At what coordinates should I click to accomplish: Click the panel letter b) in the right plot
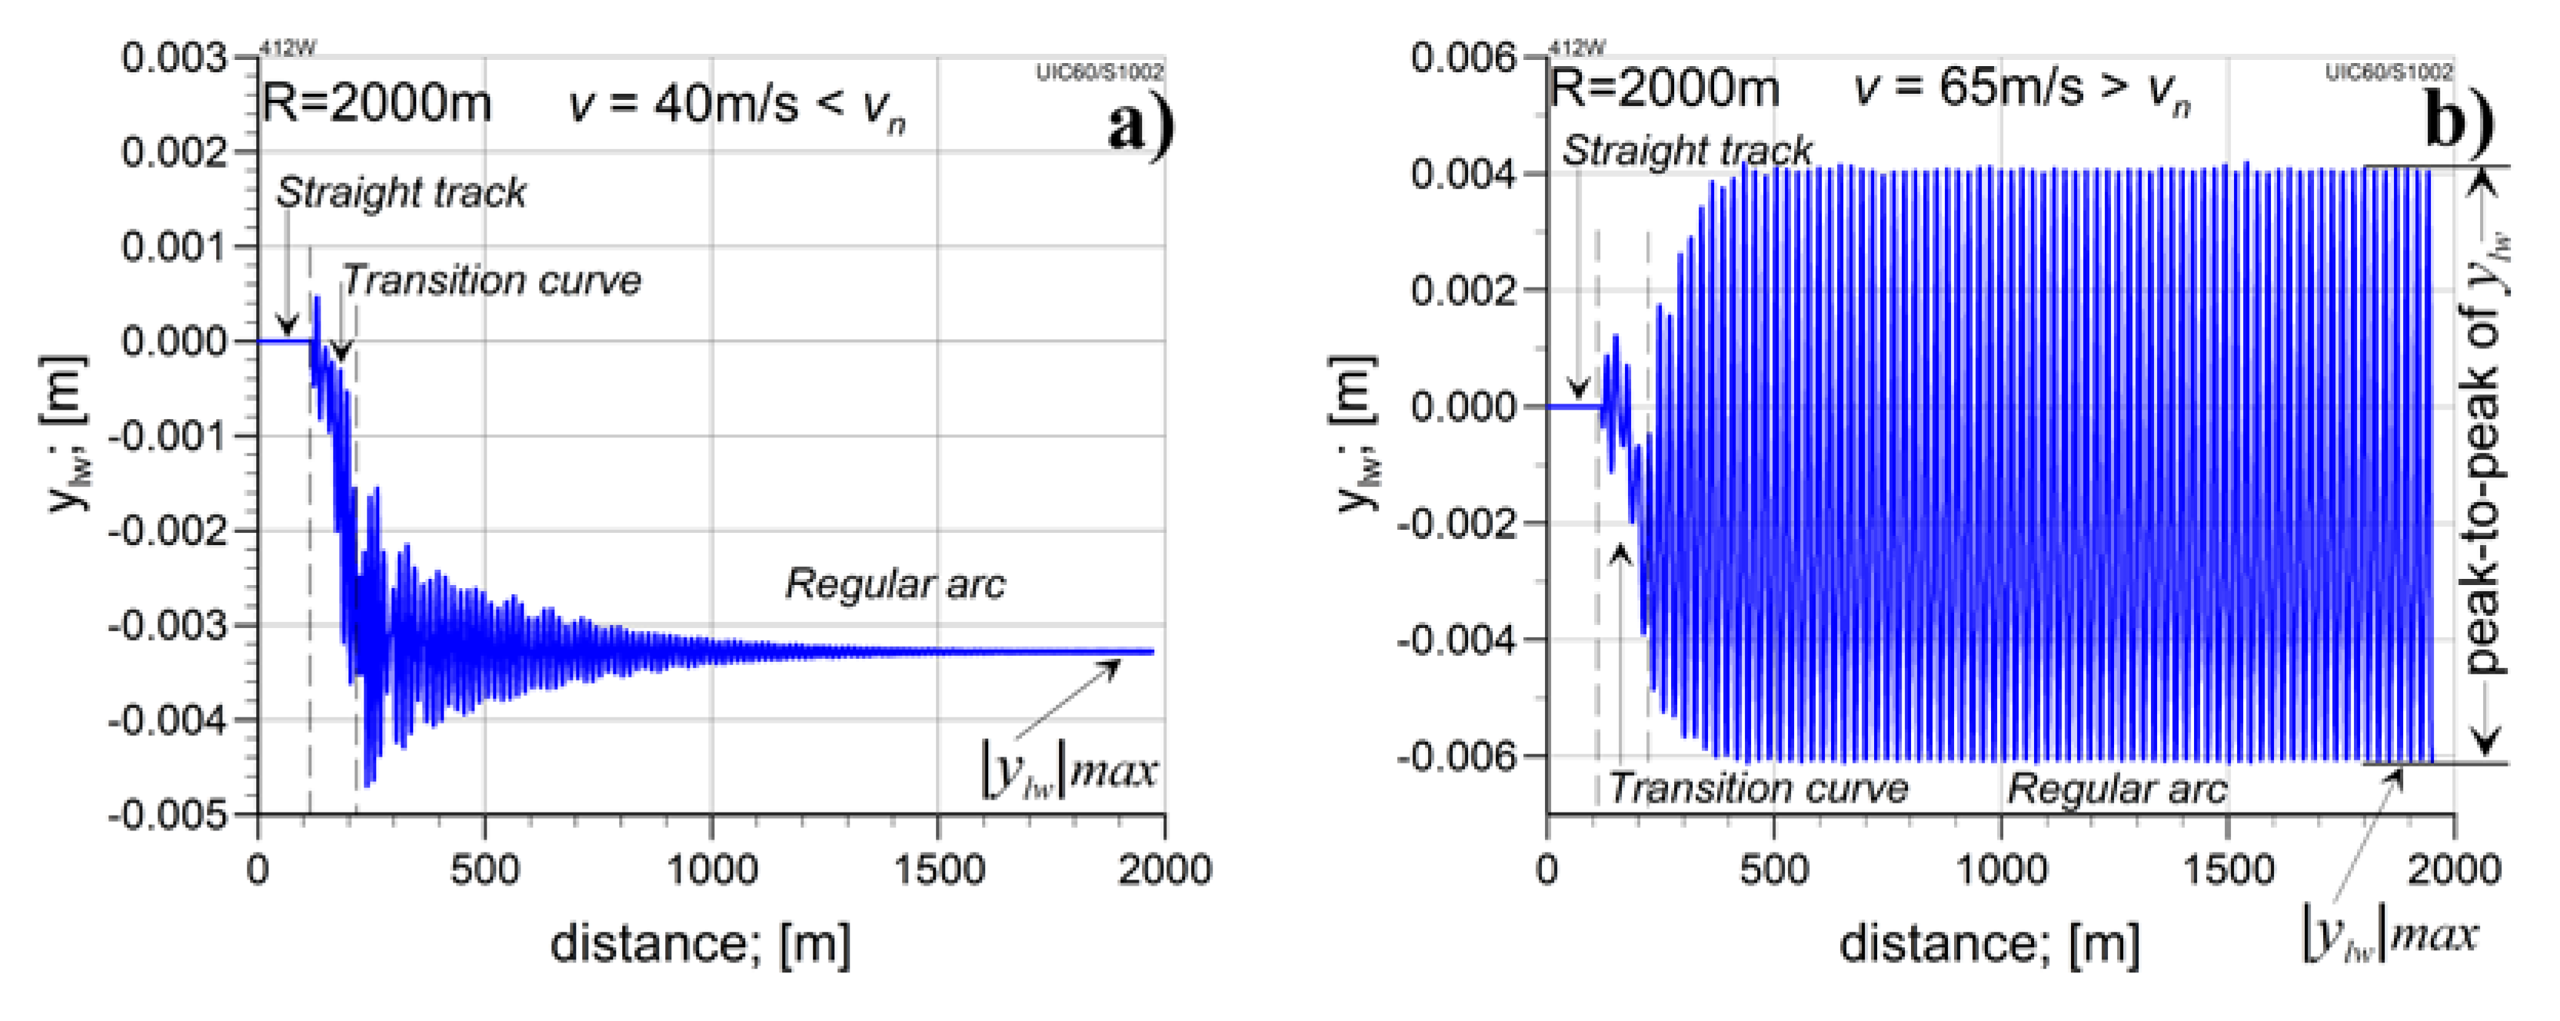tap(2458, 121)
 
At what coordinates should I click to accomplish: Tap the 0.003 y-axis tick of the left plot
tap(174, 58)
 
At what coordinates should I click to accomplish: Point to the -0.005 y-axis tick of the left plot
tap(167, 814)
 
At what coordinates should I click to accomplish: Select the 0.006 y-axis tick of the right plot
tap(1464, 58)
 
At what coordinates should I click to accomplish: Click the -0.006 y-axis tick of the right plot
tap(1457, 757)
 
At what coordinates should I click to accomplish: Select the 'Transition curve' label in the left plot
tap(491, 281)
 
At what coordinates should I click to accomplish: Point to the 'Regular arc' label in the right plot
tap(2117, 790)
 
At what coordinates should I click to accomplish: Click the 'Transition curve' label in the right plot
tap(1758, 789)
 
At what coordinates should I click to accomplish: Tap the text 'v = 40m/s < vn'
tap(735, 105)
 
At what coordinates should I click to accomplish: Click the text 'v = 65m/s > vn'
tap(2022, 89)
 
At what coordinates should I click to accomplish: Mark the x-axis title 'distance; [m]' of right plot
tap(1989, 943)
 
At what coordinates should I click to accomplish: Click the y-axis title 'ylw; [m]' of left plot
tap(65, 434)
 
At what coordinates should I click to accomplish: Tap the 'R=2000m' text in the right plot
tap(1663, 89)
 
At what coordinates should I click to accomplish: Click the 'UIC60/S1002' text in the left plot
tap(1099, 72)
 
